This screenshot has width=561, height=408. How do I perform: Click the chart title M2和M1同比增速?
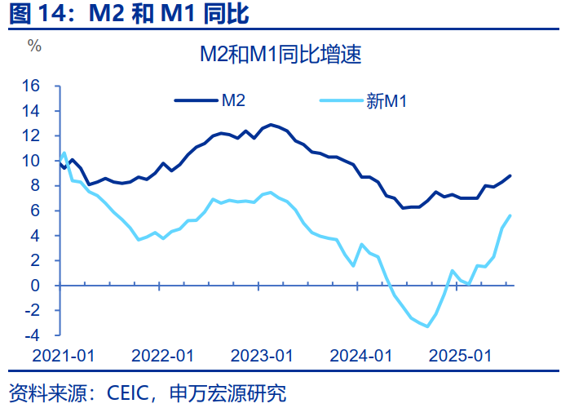(280, 55)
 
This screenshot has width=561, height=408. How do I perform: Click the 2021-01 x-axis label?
(63, 356)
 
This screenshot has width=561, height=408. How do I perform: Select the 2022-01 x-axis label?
(162, 356)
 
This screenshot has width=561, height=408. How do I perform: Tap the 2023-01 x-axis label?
(262, 356)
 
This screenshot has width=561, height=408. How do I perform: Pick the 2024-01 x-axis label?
(361, 356)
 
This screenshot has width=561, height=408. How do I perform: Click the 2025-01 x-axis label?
(461, 356)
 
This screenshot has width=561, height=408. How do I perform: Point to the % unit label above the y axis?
(34, 46)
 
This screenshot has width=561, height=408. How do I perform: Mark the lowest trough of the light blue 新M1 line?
(427, 326)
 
